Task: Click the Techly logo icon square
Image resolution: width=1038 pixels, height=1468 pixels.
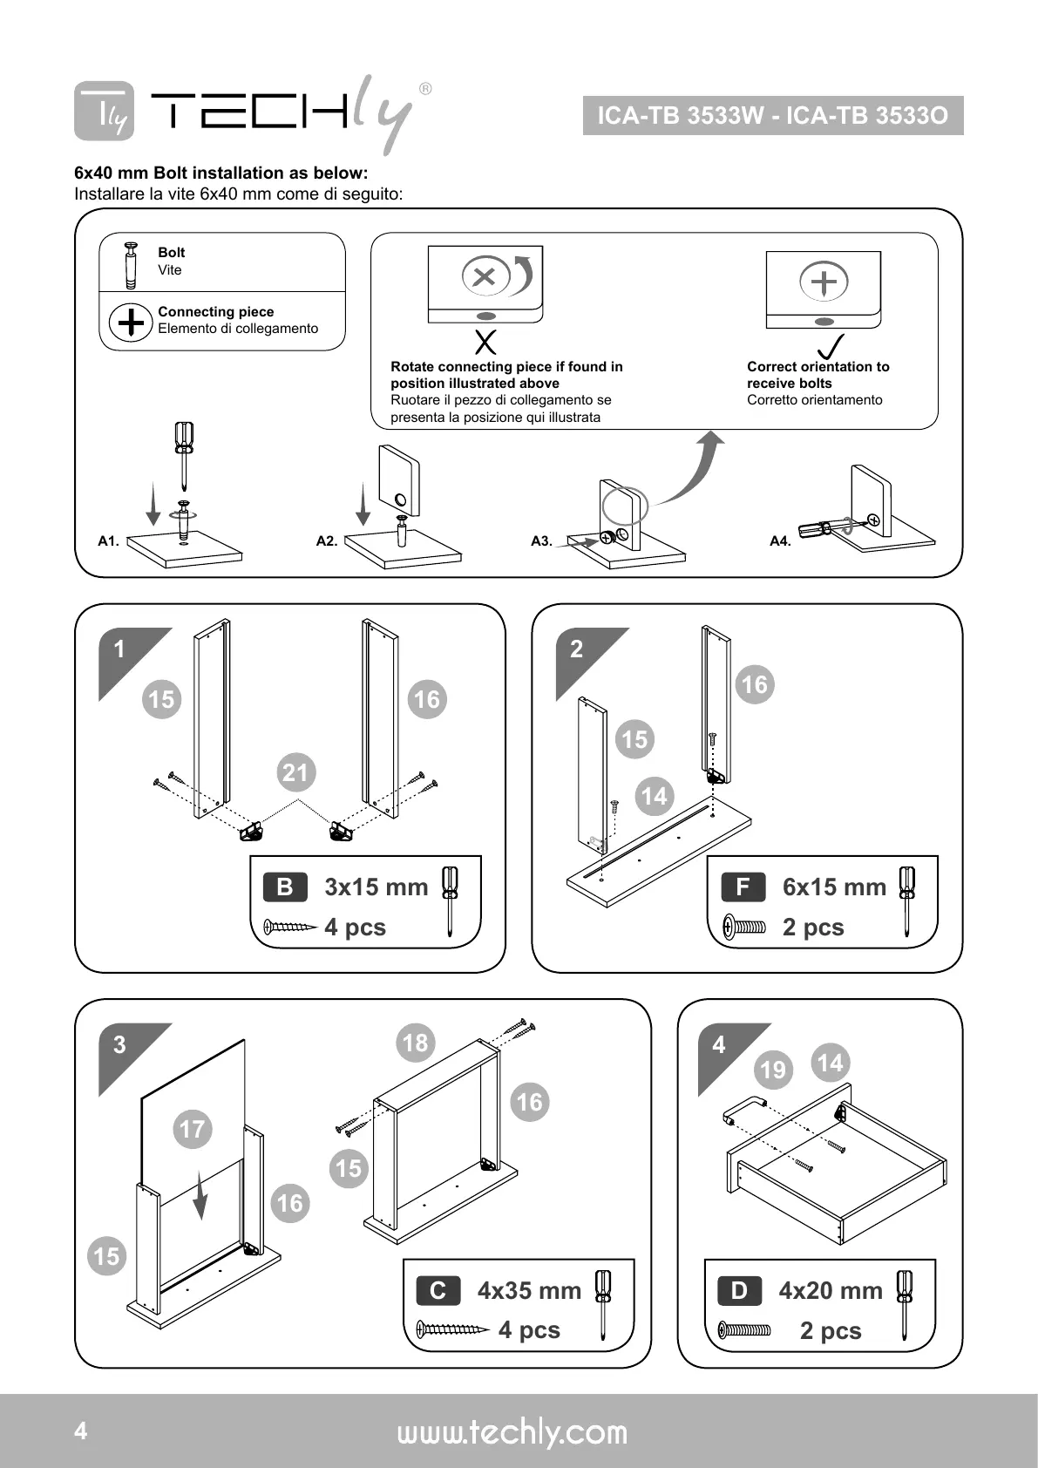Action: [104, 112]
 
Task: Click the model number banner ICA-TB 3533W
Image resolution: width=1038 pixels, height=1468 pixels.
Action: [772, 116]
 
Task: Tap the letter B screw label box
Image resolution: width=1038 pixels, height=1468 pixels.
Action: [285, 887]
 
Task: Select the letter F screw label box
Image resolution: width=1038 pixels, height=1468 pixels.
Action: [743, 887]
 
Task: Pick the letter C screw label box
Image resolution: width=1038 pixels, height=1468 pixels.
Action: [438, 1290]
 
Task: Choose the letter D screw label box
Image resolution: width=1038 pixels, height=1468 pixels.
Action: [739, 1290]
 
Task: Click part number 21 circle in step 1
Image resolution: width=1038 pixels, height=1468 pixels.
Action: [296, 772]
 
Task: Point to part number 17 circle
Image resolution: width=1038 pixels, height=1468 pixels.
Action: [192, 1129]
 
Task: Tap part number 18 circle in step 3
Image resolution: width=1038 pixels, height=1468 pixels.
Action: [415, 1042]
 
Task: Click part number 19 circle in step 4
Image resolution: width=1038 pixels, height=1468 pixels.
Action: [773, 1070]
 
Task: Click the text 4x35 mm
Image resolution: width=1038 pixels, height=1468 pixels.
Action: [529, 1290]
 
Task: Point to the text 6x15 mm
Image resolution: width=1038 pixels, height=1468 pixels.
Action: [834, 887]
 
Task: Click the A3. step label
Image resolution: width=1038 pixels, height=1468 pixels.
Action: [541, 541]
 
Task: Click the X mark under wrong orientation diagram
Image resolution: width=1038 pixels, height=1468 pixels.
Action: [485, 342]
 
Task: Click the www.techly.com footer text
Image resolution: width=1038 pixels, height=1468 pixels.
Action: [512, 1432]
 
